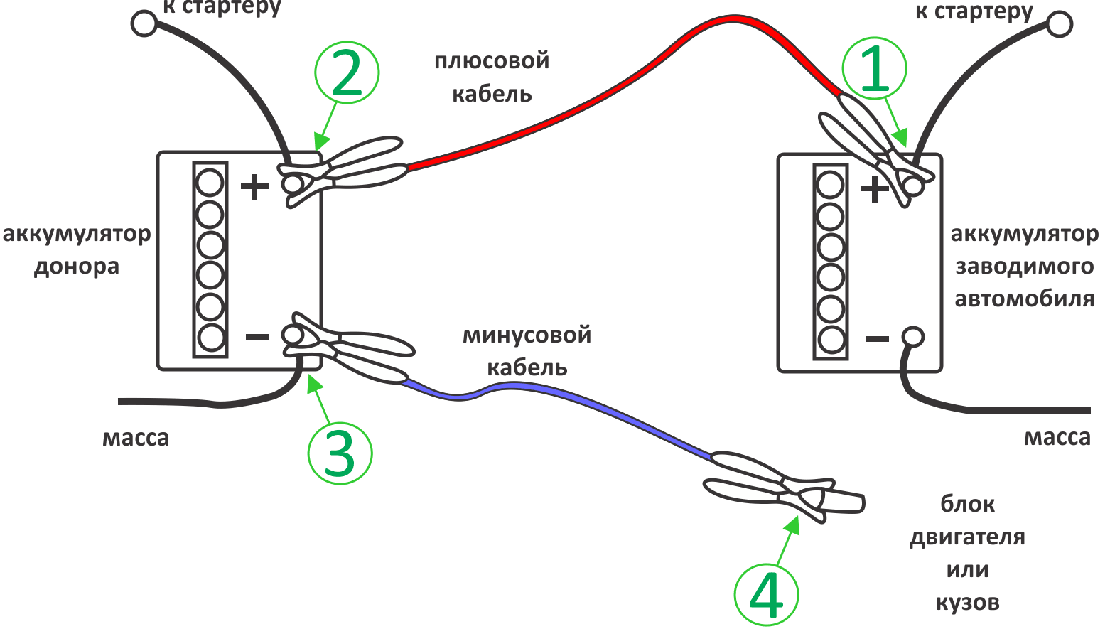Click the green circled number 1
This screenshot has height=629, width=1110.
pos(875,70)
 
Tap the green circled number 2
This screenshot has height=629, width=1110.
pos(347,72)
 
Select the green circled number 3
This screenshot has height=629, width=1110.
pos(340,453)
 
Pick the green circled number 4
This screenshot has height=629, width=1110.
pos(766,596)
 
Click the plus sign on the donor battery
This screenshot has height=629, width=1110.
pos(254,188)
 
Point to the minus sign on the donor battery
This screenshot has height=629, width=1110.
pos(257,337)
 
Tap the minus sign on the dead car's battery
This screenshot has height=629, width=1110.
pos(878,339)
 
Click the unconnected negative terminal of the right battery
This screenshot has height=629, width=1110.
pos(912,336)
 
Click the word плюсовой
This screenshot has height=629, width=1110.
pos(492,61)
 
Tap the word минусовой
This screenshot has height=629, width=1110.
pos(527,335)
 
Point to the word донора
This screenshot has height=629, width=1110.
pos(77,267)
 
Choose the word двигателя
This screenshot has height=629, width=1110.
pos(967,537)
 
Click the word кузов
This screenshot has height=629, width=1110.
pos(967,603)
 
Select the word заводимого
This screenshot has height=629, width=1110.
pos(1024,267)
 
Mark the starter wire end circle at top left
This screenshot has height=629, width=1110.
pos(144,23)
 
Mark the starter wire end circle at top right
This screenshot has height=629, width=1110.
pos(1060,24)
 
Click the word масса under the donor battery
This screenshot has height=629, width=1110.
pos(136,438)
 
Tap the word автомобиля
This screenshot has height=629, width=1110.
pos(1024,299)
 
